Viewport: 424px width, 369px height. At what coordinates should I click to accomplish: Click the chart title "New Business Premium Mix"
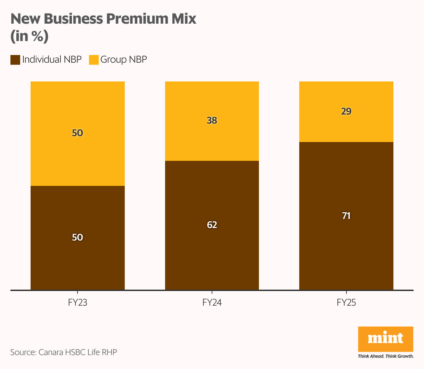(x=103, y=19)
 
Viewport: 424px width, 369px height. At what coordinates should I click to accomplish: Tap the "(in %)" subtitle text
(x=29, y=37)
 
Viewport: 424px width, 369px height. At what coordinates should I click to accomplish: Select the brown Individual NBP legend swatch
(x=15, y=60)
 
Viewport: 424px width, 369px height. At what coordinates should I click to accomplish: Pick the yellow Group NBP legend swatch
(x=94, y=60)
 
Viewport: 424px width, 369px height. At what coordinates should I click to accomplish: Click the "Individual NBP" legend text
(x=52, y=60)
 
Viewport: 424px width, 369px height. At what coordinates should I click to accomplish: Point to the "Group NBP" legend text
(x=123, y=60)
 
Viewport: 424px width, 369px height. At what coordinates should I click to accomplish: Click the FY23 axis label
(x=78, y=303)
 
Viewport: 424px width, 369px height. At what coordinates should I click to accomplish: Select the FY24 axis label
(x=212, y=303)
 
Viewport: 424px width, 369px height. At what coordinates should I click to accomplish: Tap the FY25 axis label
(x=346, y=303)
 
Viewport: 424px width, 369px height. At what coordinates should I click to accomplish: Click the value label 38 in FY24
(x=212, y=120)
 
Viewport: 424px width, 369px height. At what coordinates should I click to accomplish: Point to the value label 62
(x=212, y=225)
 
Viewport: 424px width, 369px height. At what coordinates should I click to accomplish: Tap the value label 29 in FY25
(x=346, y=111)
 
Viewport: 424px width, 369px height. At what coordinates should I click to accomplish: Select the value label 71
(x=346, y=216)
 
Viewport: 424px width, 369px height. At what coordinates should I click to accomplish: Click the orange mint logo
(x=385, y=339)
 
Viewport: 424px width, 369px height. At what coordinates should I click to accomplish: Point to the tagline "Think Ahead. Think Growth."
(x=385, y=356)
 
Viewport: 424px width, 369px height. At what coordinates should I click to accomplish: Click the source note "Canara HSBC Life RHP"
(x=78, y=352)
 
